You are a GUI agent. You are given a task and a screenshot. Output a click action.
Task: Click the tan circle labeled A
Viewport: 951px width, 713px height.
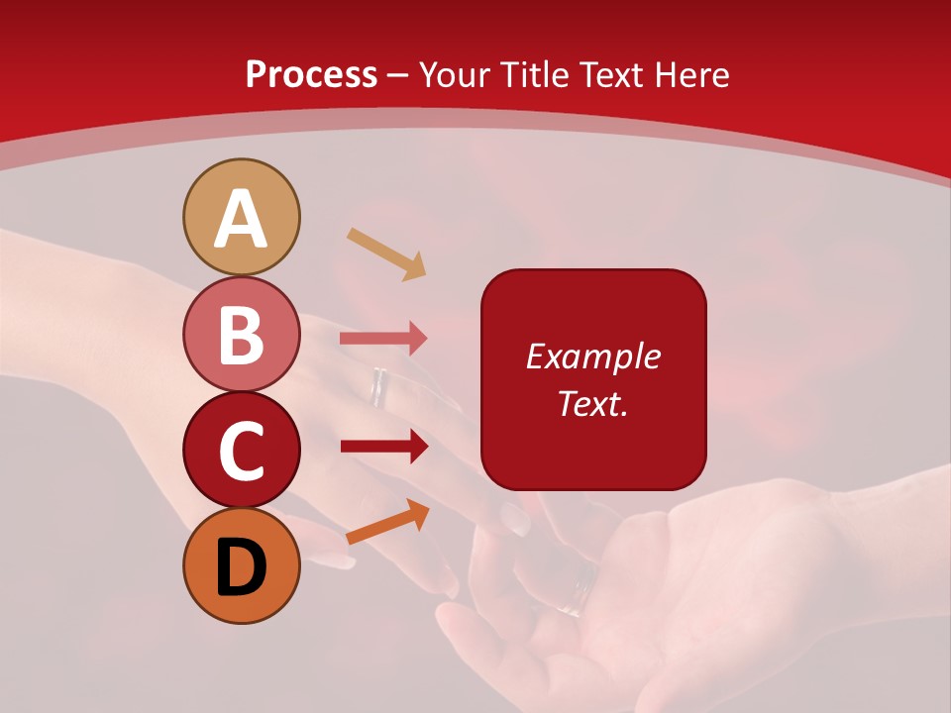242,217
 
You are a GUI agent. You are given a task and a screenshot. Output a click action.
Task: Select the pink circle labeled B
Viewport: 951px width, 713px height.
242,334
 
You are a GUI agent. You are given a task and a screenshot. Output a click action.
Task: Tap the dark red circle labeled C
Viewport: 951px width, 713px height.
242,450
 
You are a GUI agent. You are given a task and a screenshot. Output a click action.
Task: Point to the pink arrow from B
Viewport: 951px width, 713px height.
383,338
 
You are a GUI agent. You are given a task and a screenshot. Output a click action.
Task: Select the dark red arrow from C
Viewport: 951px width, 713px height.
384,447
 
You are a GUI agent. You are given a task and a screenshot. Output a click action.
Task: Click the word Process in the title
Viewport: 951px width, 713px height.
311,74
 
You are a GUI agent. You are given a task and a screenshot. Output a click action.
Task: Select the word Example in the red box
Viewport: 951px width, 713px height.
592,356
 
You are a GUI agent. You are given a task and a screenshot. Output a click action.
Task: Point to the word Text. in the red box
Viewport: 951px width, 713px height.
592,403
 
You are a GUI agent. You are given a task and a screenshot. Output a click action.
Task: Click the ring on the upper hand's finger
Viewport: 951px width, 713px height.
379,387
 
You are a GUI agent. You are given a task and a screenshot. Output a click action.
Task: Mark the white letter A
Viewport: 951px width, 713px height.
242,219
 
